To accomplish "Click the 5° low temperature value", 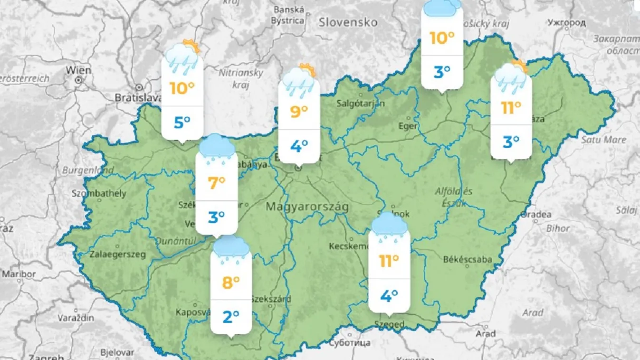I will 182,123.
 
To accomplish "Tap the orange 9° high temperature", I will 298,112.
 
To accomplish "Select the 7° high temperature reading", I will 216,183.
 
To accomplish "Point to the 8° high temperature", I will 231,283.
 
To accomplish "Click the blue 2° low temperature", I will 231,316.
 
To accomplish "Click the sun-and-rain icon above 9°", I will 299,78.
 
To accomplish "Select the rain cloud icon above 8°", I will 231,250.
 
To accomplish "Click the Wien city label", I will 78,70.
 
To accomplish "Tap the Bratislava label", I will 138,97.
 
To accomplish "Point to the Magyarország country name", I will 307,207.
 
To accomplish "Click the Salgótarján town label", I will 361,103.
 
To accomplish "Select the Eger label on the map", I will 409,126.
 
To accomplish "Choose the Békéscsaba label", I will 467,259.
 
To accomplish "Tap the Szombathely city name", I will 99,193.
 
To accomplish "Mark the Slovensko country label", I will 348,22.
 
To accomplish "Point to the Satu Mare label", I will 603,140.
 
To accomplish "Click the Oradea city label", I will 536,215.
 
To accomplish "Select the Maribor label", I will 19,274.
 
